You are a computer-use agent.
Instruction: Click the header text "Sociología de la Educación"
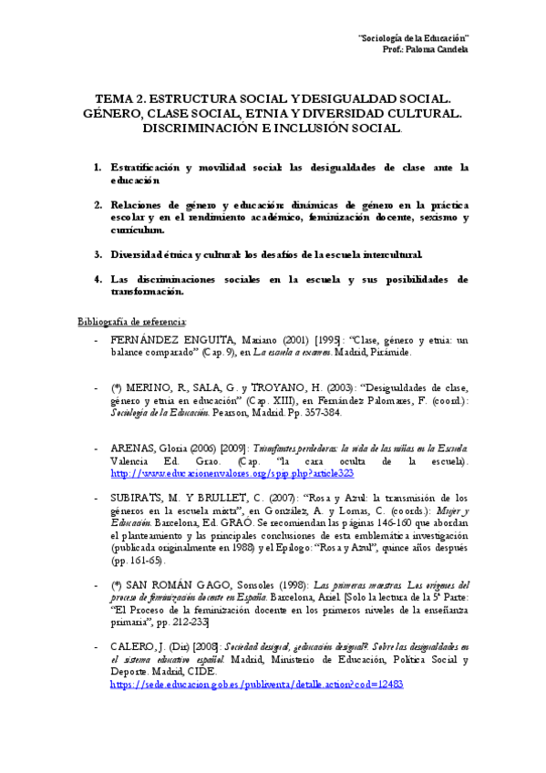click(414, 37)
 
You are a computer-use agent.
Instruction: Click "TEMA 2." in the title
click(124, 98)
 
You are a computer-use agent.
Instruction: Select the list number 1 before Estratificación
click(98, 168)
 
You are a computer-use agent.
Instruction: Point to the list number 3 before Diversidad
click(98, 253)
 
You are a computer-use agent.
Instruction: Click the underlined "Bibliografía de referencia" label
click(132, 323)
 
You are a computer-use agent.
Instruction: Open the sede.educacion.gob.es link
click(256, 683)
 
